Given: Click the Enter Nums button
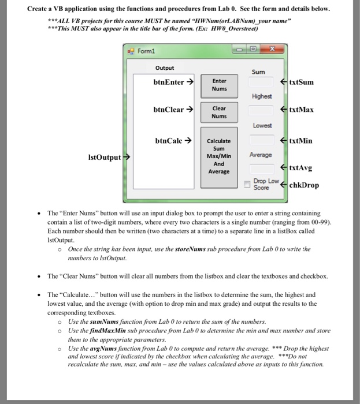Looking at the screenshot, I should pyautogui.click(x=219, y=85).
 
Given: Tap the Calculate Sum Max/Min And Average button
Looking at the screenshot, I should pyautogui.click(x=219, y=156).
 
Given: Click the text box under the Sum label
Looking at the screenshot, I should pyautogui.click(x=261, y=83).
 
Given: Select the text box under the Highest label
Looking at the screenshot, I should pyautogui.click(x=261, y=110).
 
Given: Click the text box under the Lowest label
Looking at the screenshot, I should pyautogui.click(x=261, y=139).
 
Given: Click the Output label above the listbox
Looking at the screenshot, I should pyautogui.click(x=165, y=68).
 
